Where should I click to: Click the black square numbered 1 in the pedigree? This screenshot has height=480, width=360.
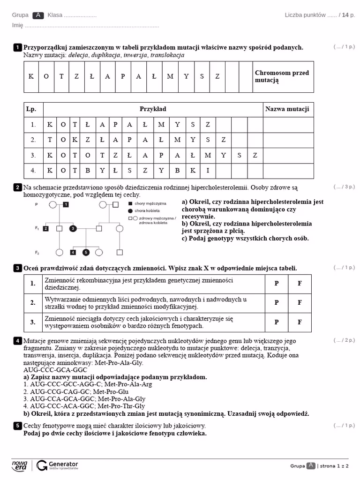pyautogui.click(x=66, y=204)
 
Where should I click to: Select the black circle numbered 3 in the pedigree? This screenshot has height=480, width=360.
pyautogui.click(x=73, y=228)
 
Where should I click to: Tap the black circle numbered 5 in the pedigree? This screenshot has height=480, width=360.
pyautogui.click(x=85, y=252)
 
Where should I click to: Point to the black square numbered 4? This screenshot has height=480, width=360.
pyautogui.click(x=73, y=252)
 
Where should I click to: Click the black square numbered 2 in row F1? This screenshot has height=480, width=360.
pyautogui.click(x=46, y=228)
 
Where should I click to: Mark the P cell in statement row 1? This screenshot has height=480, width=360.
pyautogui.click(x=277, y=284)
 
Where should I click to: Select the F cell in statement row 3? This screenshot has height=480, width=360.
pyautogui.click(x=300, y=322)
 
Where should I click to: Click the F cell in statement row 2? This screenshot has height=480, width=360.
pyautogui.click(x=300, y=303)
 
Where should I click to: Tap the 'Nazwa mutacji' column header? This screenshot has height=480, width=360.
pyautogui.click(x=287, y=109)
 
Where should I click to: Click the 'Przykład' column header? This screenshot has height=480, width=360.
pyautogui.click(x=153, y=109)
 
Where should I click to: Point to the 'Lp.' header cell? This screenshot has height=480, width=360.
pyautogui.click(x=31, y=109)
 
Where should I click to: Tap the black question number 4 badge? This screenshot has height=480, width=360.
pyautogui.click(x=17, y=341)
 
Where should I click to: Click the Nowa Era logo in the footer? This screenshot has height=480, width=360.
pyautogui.click(x=20, y=465)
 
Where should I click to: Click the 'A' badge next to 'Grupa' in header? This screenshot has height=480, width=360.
pyautogui.click(x=38, y=15)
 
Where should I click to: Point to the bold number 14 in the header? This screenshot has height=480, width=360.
pyautogui.click(x=345, y=15)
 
